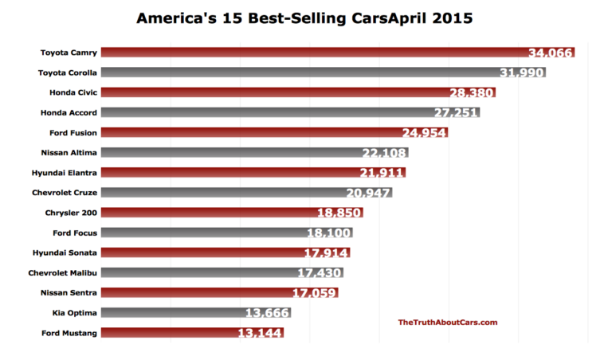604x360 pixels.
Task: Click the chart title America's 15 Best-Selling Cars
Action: [x=304, y=17]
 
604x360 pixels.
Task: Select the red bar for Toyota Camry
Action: [x=319, y=53]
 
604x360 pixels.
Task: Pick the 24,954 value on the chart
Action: [x=423, y=132]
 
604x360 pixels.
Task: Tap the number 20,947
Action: [x=368, y=193]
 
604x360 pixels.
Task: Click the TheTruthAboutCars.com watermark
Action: [x=448, y=322]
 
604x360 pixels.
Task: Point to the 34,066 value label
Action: [x=551, y=53]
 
